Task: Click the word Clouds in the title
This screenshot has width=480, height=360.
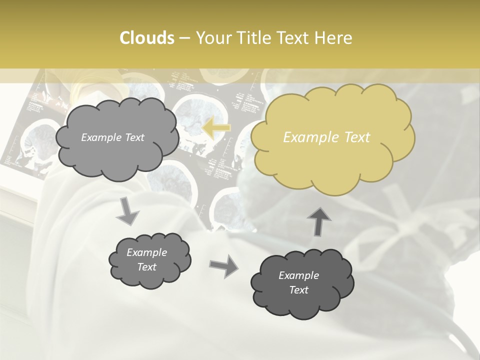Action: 146,38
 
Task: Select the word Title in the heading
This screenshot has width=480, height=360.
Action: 254,38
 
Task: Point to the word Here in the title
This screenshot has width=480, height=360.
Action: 334,38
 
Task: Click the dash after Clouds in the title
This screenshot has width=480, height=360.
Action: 184,38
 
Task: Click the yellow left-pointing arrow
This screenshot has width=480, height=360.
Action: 216,128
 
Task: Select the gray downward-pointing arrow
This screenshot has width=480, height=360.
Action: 128,210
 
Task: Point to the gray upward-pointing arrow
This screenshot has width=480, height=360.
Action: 319,221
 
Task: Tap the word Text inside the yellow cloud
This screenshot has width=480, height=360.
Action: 357,137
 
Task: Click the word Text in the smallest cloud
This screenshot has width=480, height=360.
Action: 147,267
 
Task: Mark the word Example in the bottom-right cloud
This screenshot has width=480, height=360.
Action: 298,275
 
